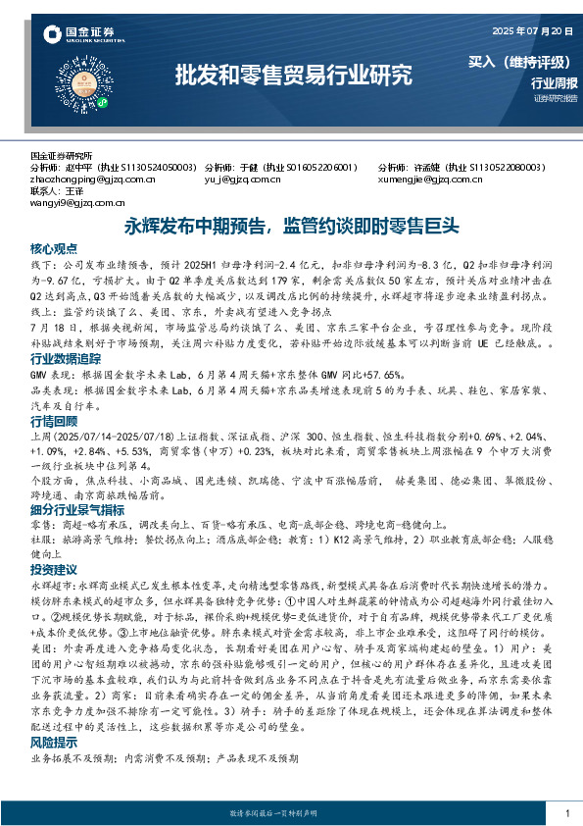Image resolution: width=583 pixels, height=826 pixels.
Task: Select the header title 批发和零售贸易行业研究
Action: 293,75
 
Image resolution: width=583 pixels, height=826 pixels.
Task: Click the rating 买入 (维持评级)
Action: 522,62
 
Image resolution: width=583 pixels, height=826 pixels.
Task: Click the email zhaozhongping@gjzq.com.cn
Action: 93,180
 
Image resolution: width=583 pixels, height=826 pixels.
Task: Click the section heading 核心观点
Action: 53,248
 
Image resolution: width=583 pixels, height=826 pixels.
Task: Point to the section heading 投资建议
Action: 53,569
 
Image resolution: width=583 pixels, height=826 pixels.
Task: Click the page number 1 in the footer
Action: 567,813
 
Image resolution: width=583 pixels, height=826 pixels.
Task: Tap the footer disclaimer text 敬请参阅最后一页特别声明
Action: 292,814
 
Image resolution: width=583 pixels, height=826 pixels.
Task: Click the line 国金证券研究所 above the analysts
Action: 62,156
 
